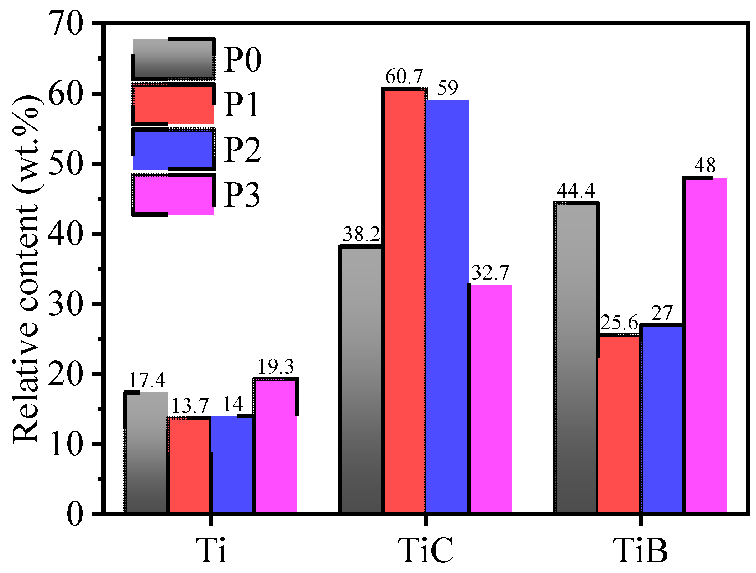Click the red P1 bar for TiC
[x=405, y=301]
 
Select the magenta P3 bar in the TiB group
[x=706, y=345]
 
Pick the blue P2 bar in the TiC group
[x=447, y=306]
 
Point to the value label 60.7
[x=404, y=76]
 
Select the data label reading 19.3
[x=275, y=366]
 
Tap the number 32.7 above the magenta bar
[x=490, y=273]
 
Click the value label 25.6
[x=619, y=323]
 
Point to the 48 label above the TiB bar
[x=705, y=165]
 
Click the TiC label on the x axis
[x=426, y=550]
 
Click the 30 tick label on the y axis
[x=67, y=304]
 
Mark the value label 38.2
[x=361, y=234]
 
